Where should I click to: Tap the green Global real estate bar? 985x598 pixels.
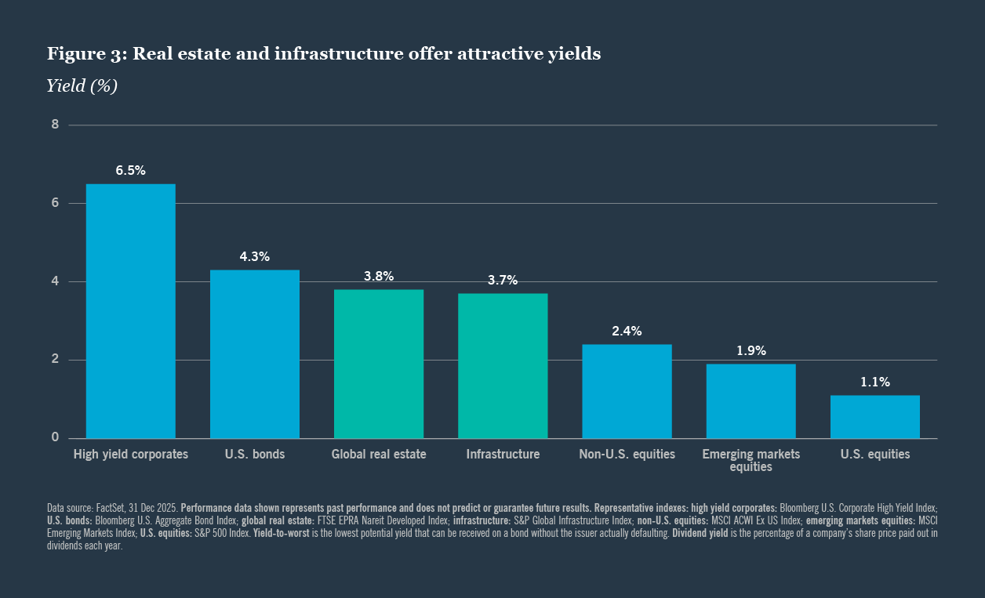click(379, 364)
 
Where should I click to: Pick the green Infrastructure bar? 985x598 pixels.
click(503, 366)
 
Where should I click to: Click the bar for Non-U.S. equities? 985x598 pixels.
click(627, 391)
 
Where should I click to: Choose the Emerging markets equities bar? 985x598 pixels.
click(751, 401)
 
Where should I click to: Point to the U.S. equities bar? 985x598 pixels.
click(874, 417)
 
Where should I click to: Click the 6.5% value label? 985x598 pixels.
click(130, 171)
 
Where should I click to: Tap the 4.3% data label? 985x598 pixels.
click(254, 257)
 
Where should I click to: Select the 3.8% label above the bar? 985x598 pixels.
click(379, 277)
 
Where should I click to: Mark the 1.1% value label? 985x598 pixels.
click(874, 382)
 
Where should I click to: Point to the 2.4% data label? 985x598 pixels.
click(627, 332)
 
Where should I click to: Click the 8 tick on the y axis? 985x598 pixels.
click(55, 124)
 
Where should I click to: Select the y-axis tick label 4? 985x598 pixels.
click(55, 281)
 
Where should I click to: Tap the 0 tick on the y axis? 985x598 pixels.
click(55, 437)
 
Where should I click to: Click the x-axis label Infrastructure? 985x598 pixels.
click(503, 455)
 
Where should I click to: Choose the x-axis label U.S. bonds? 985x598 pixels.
click(254, 455)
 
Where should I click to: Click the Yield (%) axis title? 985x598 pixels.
click(82, 86)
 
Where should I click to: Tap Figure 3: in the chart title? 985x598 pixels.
click(85, 54)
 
